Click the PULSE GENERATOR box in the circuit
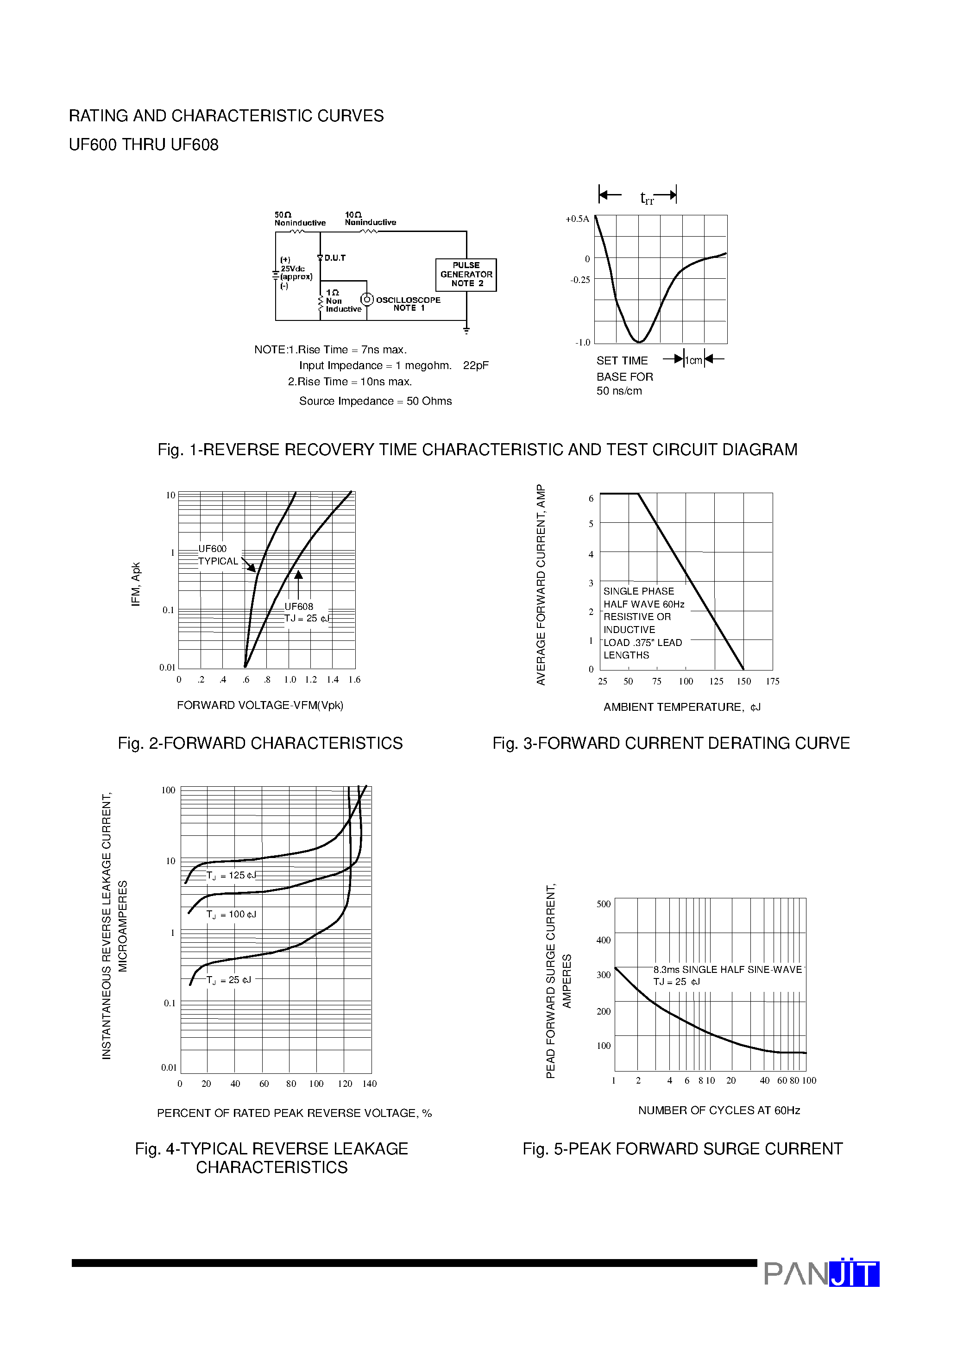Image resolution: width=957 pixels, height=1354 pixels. click(466, 275)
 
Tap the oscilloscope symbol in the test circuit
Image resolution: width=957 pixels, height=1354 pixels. click(367, 300)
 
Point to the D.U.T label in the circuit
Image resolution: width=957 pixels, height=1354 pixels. click(334, 258)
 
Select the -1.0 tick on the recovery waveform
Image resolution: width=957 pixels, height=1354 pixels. click(582, 343)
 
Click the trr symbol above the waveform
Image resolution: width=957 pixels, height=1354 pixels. click(647, 199)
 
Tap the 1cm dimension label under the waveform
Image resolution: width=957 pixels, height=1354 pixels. click(694, 360)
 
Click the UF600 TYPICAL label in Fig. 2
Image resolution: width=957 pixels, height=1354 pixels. click(218, 555)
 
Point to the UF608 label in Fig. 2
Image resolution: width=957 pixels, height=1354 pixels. click(299, 606)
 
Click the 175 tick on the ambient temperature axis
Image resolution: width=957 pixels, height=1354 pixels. click(772, 682)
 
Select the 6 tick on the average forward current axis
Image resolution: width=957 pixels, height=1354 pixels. click(591, 499)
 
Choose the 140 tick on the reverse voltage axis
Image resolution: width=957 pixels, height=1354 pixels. click(369, 1084)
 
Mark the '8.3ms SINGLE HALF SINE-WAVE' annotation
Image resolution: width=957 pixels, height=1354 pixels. click(728, 970)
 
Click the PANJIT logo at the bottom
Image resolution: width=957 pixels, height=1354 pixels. click(821, 1274)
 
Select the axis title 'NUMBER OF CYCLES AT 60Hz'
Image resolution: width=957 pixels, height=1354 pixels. click(718, 1110)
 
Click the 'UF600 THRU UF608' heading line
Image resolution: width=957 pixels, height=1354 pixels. click(144, 145)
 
